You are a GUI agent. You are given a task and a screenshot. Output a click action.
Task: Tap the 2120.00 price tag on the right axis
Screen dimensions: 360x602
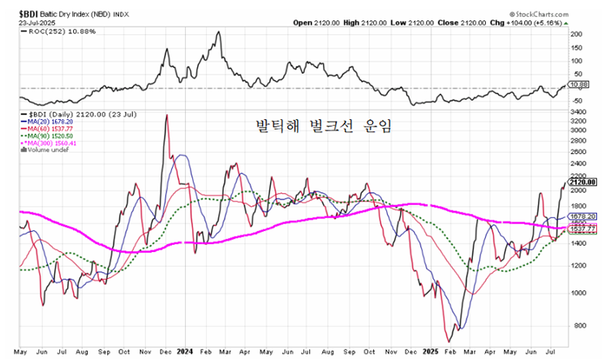[584, 182]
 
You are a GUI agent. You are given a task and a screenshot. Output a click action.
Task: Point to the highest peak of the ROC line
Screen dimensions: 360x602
[219, 32]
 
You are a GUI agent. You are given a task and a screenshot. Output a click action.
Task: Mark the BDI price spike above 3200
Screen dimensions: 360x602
[166, 115]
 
